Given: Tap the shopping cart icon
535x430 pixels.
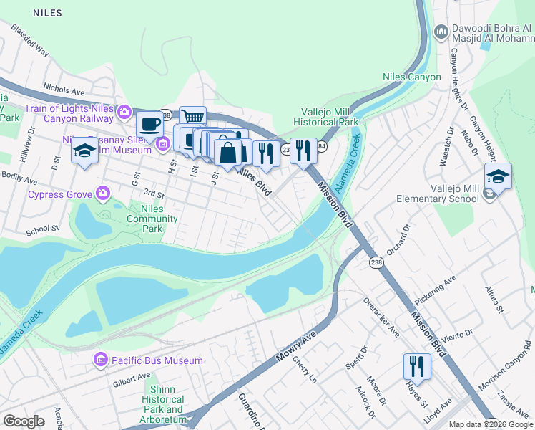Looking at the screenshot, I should click(192, 117).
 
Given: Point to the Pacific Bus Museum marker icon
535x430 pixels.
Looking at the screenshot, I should click(101, 360).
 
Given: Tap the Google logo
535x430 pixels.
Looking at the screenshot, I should click(24, 421).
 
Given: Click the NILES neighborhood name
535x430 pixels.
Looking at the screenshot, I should click(46, 13).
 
